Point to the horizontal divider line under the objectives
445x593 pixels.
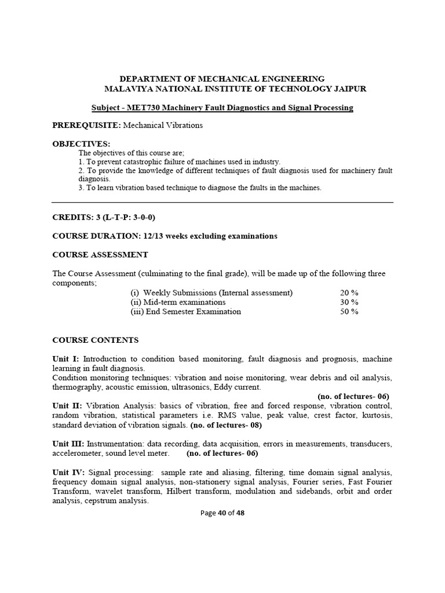[222, 203]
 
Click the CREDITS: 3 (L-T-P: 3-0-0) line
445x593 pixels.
[104, 217]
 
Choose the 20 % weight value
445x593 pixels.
[349, 292]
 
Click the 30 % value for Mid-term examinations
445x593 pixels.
[349, 302]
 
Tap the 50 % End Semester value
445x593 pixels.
[349, 311]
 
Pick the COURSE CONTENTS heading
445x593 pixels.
[96, 340]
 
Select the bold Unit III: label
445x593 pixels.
[68, 444]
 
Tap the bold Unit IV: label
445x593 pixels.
[68, 473]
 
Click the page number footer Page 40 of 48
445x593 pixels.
[222, 513]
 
